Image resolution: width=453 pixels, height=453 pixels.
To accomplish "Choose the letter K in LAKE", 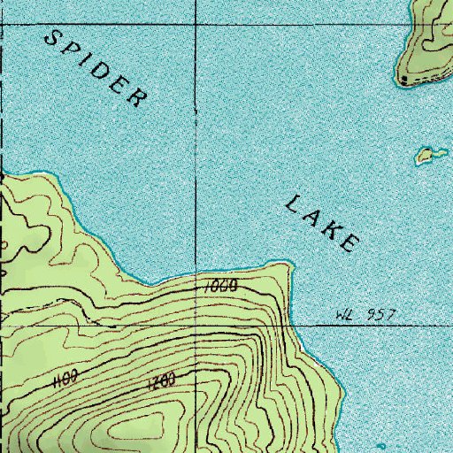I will coord(332,229).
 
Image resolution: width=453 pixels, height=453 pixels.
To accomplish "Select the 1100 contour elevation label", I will coord(67,380).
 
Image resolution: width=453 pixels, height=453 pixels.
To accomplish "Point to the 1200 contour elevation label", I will coord(160,381).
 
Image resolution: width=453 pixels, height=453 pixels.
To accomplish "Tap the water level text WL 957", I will coord(365,314).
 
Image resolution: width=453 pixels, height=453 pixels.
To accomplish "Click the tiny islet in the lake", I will coord(431,156).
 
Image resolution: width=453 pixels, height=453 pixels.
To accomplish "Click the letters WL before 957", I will coord(346,314).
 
